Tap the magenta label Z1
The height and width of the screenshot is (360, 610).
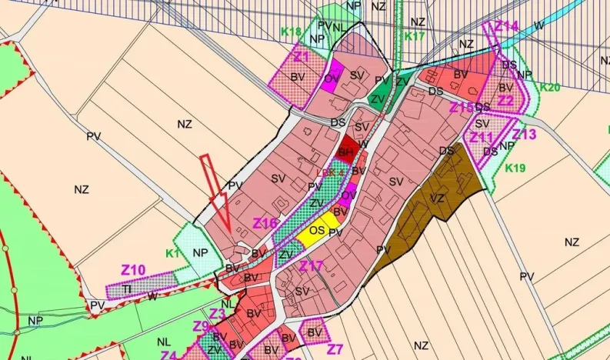point(301,57)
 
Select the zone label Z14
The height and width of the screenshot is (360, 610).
point(506,26)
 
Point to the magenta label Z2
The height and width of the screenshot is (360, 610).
point(505,100)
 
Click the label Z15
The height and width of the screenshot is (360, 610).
point(462,107)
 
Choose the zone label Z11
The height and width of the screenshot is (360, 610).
point(481,137)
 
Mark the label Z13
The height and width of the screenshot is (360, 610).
point(524,135)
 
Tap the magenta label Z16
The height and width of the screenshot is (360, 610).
point(265,223)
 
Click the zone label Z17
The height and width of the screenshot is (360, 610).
point(312,266)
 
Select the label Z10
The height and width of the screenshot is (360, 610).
point(132,270)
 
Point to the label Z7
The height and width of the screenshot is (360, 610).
point(335,348)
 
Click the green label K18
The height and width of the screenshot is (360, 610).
point(291,32)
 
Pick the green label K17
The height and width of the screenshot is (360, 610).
point(415,36)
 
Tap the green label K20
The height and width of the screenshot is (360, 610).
point(550,87)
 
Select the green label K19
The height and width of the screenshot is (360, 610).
point(515,168)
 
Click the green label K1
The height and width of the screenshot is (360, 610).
point(172,252)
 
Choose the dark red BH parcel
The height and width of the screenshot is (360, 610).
point(347,149)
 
